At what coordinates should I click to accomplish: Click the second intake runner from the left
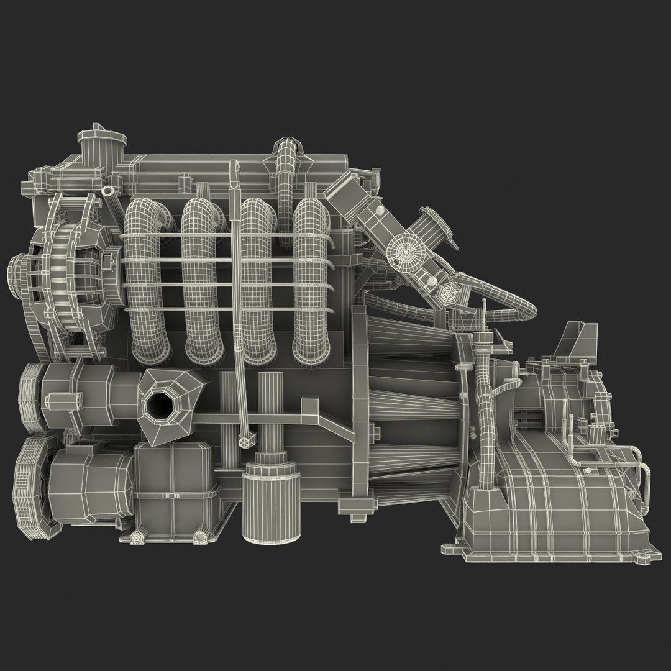pyautogui.click(x=203, y=280)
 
